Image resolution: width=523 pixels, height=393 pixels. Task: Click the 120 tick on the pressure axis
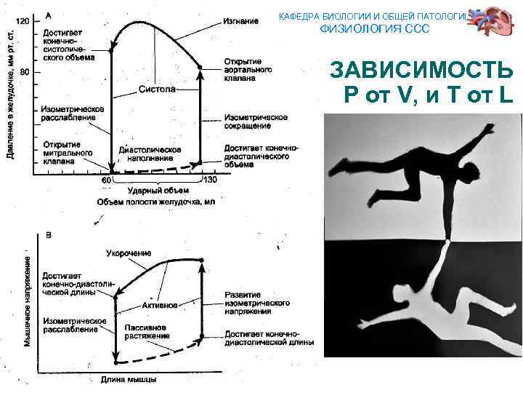click(x=23, y=21)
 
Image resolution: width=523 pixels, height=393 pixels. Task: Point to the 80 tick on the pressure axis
click(x=25, y=71)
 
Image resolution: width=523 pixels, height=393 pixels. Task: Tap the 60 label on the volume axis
click(x=105, y=179)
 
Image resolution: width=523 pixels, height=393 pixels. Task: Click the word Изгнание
click(x=240, y=21)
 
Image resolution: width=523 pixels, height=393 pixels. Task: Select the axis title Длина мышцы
click(x=129, y=378)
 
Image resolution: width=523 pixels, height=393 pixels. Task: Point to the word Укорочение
click(x=129, y=253)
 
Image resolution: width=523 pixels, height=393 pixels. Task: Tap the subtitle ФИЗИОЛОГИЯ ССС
click(x=375, y=28)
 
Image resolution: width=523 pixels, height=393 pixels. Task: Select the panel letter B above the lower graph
click(x=49, y=235)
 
